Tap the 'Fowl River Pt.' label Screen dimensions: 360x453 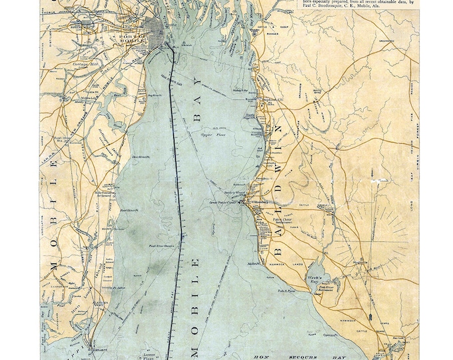[129, 209]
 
